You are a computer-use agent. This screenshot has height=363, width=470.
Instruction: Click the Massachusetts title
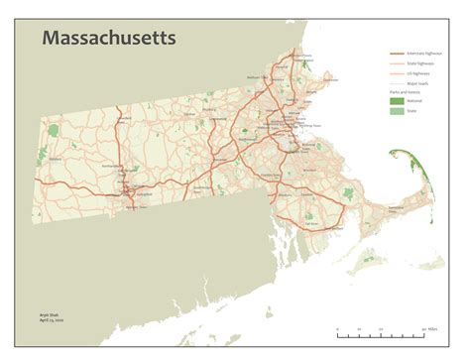pos(108,39)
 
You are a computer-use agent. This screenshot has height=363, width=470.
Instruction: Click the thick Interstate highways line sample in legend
pos(397,54)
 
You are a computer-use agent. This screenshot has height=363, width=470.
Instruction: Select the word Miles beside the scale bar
pos(434,328)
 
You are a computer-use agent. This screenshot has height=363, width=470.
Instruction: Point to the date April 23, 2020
pos(37,320)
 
